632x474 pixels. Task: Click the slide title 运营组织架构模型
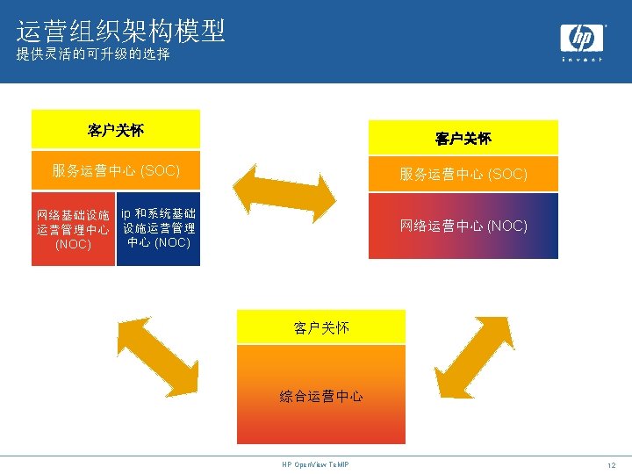[121, 32]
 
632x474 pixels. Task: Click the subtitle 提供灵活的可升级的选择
[93, 55]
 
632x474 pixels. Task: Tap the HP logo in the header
[582, 39]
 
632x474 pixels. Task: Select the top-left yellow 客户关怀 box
[116, 130]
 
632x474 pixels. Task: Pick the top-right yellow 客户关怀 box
[463, 138]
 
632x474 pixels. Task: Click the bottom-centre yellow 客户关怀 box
[321, 327]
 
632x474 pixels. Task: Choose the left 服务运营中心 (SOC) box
[116, 170]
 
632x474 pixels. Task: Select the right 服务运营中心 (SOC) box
[463, 175]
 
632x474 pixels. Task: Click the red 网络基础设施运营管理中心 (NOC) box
[73, 229]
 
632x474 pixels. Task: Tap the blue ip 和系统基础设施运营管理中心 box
[159, 228]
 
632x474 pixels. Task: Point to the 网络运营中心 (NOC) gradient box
[463, 226]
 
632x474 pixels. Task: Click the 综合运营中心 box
[321, 395]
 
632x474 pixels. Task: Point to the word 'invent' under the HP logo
[582, 59]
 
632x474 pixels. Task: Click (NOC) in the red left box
[73, 244]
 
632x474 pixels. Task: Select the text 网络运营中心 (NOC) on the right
[463, 226]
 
